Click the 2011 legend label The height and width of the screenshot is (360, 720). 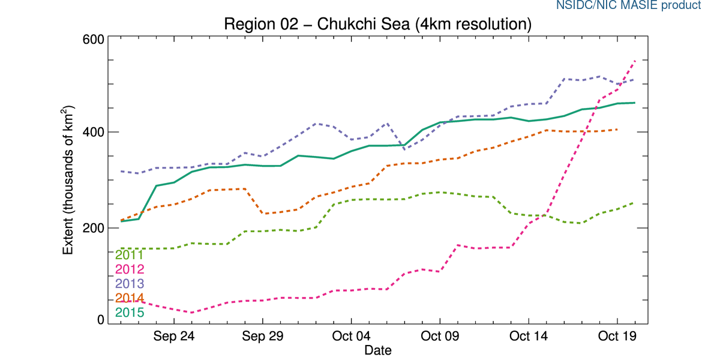129,256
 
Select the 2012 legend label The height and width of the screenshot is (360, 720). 129,269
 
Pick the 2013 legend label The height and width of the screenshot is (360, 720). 129,284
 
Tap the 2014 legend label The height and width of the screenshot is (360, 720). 129,298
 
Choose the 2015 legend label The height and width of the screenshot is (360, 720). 129,313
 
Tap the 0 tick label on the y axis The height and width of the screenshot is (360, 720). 100,320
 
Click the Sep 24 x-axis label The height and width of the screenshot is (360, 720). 173,336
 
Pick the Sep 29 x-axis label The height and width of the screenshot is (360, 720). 262,336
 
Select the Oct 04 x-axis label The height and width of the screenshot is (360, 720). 351,336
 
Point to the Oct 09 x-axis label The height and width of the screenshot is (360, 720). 440,336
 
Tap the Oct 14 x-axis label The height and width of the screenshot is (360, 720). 529,336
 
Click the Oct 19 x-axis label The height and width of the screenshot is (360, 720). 617,336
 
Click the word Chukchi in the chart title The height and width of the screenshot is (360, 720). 343,25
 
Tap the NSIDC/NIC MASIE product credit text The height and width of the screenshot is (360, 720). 628,5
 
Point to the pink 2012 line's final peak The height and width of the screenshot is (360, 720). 635,60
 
